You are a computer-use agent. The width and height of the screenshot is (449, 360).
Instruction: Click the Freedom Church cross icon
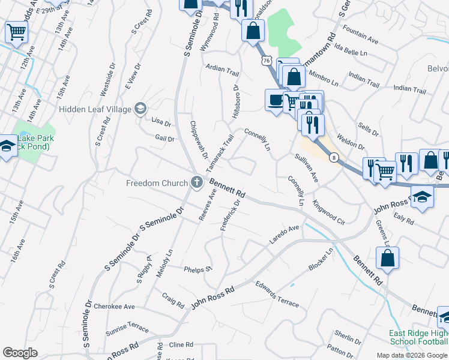click(197, 182)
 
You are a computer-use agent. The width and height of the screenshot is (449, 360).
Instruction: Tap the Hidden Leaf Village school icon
click(140, 109)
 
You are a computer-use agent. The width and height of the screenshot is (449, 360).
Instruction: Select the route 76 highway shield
click(267, 61)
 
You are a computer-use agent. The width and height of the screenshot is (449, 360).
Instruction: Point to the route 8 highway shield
click(333, 158)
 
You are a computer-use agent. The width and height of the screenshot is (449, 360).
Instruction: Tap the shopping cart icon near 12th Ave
click(16, 32)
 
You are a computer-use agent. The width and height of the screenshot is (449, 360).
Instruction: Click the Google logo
click(20, 353)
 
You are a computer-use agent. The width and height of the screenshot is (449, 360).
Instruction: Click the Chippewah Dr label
click(198, 140)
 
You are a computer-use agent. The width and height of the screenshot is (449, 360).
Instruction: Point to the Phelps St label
click(198, 269)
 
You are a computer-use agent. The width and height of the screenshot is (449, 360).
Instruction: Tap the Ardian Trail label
click(222, 70)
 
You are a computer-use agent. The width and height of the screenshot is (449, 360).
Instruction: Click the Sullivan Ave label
click(306, 169)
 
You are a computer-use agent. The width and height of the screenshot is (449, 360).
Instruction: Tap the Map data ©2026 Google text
click(411, 355)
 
